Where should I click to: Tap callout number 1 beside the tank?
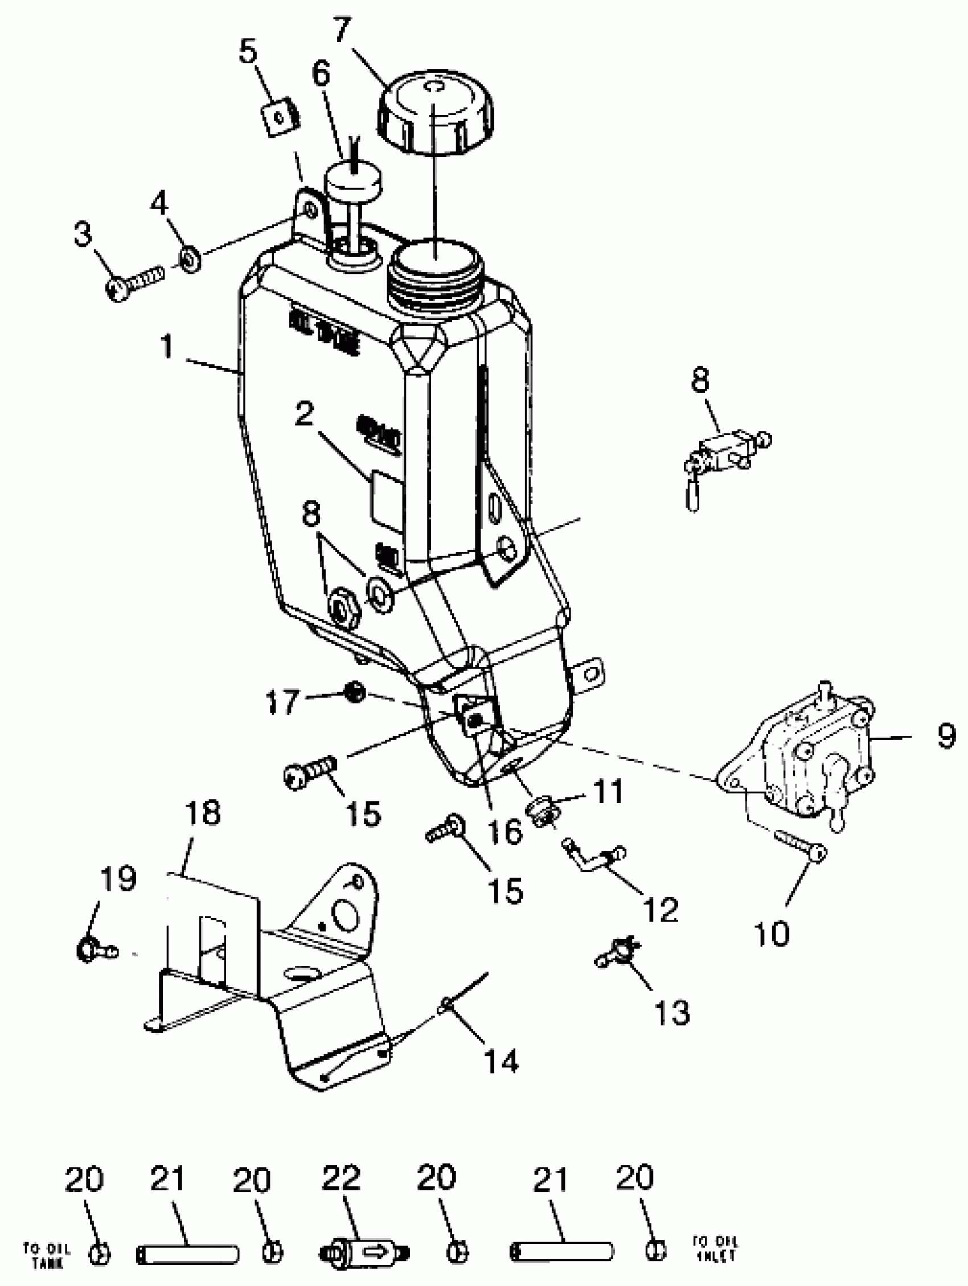[x=167, y=347]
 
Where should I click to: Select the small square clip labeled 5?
[x=278, y=118]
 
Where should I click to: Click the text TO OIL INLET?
[x=715, y=1248]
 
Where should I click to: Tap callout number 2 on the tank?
[x=304, y=414]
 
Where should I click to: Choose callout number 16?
[x=504, y=832]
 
